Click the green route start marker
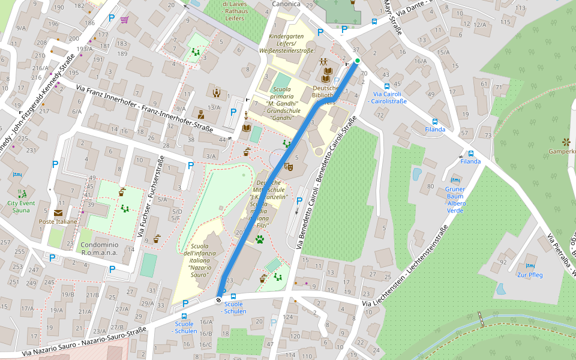pos(358,61)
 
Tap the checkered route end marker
pos(219,298)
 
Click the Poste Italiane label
pos(58,221)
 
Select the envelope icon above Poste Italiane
pos(58,212)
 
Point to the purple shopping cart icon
pos(124,19)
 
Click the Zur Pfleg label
pos(530,275)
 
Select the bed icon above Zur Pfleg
pos(530,265)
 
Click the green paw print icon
pos(260,239)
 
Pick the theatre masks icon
pos(287,167)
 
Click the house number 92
pos(503,262)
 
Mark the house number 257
pos(5,242)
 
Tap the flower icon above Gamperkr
pos(565,142)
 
